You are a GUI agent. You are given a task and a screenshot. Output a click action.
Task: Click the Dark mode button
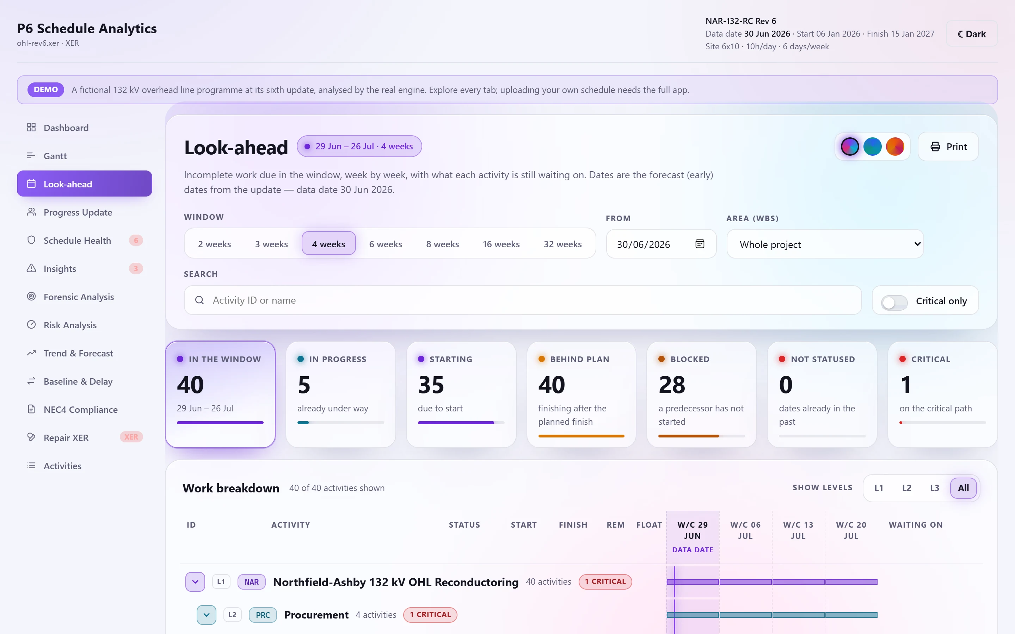971,34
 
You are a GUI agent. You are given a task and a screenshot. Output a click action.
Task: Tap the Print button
948,146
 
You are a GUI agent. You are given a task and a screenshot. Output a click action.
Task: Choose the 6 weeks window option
385,244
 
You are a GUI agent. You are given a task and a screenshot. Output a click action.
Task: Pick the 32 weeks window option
562,244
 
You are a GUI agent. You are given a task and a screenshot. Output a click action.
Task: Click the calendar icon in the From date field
700,244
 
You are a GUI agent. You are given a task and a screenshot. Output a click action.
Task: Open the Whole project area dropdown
825,244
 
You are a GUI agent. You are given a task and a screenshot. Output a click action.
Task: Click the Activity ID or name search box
523,300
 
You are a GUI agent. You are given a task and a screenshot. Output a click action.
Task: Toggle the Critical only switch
894,302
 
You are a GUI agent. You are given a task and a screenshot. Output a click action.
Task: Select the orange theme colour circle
894,146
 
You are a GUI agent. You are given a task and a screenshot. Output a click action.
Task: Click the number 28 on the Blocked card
671,385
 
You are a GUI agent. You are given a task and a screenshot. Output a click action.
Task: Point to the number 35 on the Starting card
431,385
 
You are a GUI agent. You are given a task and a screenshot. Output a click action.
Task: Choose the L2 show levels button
906,488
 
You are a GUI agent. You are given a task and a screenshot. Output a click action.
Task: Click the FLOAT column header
649,524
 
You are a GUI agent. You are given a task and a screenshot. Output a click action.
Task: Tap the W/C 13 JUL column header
798,530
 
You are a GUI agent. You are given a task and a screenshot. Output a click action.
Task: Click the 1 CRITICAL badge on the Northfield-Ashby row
605,582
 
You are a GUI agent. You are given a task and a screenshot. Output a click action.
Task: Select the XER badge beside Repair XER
131,437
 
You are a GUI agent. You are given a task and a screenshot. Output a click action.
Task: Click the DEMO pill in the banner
46,89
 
